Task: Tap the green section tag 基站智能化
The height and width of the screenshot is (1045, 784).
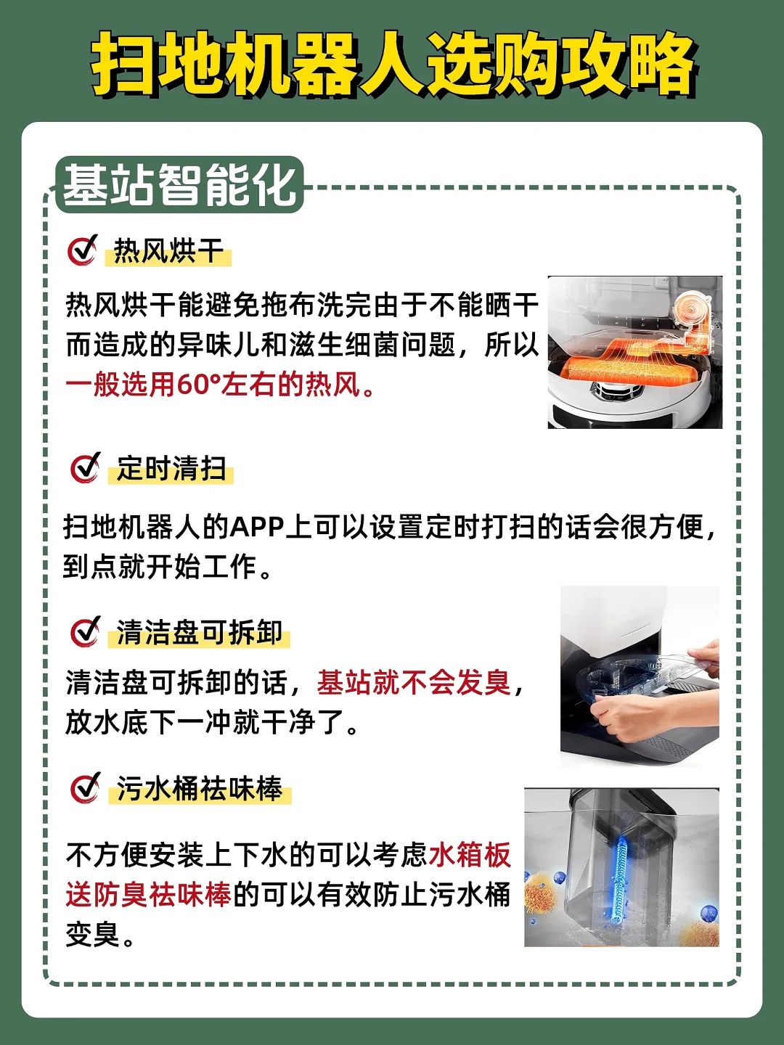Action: click(179, 185)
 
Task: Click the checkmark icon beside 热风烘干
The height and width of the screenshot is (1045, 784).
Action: click(83, 250)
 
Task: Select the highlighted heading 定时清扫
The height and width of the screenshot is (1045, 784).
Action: click(171, 469)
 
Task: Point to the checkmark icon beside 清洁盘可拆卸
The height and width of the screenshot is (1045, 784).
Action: click(86, 632)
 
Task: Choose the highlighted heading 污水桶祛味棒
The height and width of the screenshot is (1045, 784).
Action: click(200, 789)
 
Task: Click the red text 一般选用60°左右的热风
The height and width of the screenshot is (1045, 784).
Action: click(221, 385)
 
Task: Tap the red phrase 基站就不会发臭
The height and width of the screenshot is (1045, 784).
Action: click(414, 682)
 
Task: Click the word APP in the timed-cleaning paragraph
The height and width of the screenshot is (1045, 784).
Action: click(257, 528)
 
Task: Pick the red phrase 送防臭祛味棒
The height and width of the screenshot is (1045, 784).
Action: click(148, 894)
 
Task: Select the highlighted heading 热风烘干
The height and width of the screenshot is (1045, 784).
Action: click(168, 250)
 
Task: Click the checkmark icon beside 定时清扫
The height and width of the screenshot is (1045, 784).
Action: click(86, 467)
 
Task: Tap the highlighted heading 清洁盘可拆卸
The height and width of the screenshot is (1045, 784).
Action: click(200, 633)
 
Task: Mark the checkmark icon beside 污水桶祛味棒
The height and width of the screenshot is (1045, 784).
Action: click(86, 788)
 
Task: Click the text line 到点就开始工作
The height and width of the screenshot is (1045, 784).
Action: click(167, 567)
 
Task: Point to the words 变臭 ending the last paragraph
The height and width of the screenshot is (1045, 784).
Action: click(92, 934)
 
